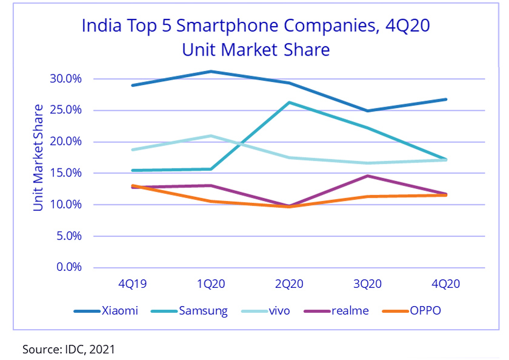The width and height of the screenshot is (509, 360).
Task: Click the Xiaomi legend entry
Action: tap(106, 311)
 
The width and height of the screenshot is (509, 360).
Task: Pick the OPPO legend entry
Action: tap(412, 311)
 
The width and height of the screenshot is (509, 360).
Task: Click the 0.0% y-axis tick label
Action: tap(68, 267)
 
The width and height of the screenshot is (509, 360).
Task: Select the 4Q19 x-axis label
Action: tap(132, 283)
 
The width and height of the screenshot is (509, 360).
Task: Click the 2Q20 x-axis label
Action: tap(290, 283)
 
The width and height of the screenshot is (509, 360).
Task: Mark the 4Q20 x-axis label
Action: tap(447, 283)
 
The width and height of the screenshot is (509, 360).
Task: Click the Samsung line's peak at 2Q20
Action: tap(290, 102)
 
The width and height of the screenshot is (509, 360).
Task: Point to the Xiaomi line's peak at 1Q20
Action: tap(211, 72)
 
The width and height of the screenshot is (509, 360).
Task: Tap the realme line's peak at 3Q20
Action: tap(368, 176)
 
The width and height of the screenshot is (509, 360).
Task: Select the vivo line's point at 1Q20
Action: tap(211, 136)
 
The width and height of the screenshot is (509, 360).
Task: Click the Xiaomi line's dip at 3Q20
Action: tap(368, 111)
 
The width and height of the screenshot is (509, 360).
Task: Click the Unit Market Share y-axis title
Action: tap(38, 158)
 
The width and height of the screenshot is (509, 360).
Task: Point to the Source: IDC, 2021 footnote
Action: tap(68, 349)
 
